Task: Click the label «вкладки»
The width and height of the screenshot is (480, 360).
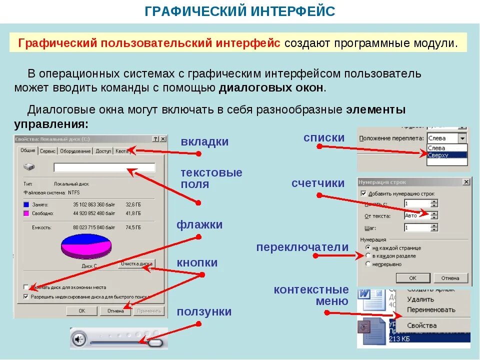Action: (x=204, y=142)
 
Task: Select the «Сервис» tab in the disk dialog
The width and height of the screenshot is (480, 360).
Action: (x=47, y=151)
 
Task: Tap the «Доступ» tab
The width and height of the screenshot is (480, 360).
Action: (x=103, y=151)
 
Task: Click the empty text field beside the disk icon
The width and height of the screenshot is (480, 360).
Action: (x=104, y=167)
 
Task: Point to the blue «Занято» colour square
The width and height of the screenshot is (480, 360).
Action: (x=26, y=204)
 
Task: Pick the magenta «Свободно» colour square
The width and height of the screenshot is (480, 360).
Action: (x=26, y=213)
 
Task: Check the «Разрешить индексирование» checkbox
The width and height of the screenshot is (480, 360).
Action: (x=26, y=296)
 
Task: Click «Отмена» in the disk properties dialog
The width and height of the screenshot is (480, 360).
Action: (x=115, y=311)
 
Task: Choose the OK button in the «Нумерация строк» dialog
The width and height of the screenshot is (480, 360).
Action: (x=412, y=278)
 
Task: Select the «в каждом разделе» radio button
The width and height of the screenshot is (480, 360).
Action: (x=368, y=256)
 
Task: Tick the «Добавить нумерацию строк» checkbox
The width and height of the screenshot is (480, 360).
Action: (x=363, y=193)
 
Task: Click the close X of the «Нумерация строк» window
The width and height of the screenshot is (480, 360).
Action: (x=466, y=182)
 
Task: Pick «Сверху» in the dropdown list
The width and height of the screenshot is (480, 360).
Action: (x=438, y=155)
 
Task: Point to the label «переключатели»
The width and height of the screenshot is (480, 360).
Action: (x=302, y=247)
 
